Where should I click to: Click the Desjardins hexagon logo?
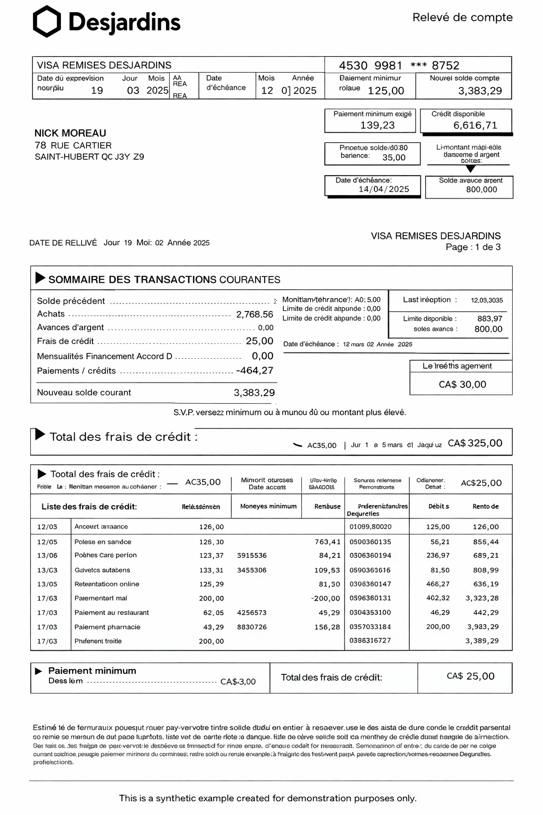click(x=47, y=22)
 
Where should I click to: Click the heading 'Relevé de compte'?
click(x=462, y=18)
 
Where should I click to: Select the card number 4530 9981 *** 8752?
click(x=399, y=65)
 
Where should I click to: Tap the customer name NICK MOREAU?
click(x=70, y=133)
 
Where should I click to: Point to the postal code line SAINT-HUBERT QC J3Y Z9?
click(x=89, y=157)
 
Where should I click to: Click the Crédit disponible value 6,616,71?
click(x=475, y=125)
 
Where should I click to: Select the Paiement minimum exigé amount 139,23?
click(x=377, y=125)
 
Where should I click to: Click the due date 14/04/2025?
click(x=383, y=189)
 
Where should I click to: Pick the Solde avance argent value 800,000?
click(x=481, y=189)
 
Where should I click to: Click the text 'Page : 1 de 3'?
click(x=472, y=247)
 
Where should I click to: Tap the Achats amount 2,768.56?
click(x=255, y=314)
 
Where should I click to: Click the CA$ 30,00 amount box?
click(x=462, y=384)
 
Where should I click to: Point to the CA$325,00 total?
click(x=475, y=443)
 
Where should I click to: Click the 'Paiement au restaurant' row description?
click(x=111, y=612)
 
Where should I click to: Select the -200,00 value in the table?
click(x=325, y=598)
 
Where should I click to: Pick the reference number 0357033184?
click(x=370, y=627)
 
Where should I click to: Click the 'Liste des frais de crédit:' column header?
click(x=89, y=506)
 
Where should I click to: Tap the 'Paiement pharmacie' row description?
click(x=107, y=627)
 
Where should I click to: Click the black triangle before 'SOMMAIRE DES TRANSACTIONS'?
click(x=40, y=278)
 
